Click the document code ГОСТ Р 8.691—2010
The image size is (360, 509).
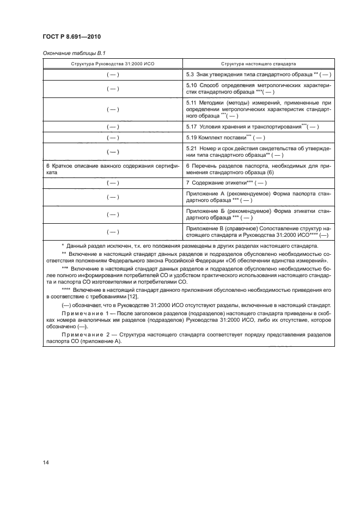tap(70, 38)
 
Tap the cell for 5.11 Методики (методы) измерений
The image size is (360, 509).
tap(258, 109)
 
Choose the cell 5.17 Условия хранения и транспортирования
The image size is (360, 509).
tap(258, 127)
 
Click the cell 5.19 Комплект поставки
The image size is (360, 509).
tap(258, 138)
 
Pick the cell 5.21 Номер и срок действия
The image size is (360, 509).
tap(258, 151)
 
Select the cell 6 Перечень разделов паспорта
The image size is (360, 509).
tap(258, 168)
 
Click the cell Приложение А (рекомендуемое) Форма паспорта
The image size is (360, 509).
tap(258, 197)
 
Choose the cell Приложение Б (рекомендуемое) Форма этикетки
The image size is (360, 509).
tap(258, 213)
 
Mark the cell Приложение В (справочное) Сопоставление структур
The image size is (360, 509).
tap(258, 231)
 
